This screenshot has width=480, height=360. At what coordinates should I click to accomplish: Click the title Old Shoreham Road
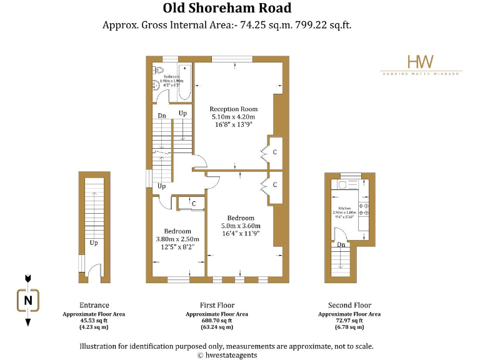coord(227,8)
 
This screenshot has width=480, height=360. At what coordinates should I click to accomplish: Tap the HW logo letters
coord(421,61)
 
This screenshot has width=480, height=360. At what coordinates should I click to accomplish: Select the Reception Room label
coord(233,109)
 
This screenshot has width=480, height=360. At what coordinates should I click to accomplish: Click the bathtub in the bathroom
coord(185,83)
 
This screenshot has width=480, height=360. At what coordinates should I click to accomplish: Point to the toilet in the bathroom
coord(157,71)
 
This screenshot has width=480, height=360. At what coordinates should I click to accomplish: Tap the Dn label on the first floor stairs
coord(161,116)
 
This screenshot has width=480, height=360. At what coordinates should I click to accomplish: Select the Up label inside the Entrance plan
coord(94,242)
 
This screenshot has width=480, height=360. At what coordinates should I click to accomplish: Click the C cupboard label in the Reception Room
coord(274,152)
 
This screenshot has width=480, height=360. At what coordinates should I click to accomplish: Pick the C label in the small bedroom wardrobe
coord(194,204)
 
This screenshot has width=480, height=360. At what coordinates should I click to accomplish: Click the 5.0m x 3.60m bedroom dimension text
coord(241,226)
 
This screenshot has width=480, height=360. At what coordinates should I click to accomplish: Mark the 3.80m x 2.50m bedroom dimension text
coord(177,239)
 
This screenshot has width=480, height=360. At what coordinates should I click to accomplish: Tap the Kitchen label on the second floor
coord(344,207)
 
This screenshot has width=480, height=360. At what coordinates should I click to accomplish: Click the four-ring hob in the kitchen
coord(366,209)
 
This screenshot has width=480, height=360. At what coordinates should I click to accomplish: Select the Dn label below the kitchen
coord(341,245)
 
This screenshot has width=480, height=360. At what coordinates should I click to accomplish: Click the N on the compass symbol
coord(27,301)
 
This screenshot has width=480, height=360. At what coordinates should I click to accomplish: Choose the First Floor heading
coord(217,305)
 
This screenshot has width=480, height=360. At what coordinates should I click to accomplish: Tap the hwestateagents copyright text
coord(227,355)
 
